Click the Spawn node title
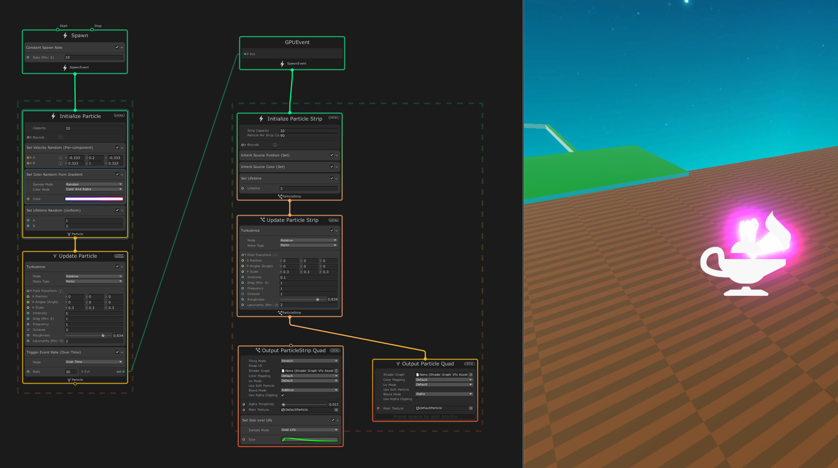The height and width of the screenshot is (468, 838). (79, 35)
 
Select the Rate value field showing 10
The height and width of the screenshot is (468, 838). (94, 57)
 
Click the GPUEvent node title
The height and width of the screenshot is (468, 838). (297, 42)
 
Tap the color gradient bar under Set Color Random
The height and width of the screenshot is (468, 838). (94, 199)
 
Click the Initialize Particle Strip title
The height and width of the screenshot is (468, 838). (294, 119)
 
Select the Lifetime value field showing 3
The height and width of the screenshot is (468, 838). (308, 188)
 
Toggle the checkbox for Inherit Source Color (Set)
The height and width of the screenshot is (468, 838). (332, 167)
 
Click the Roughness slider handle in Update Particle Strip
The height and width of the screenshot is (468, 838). (318, 300)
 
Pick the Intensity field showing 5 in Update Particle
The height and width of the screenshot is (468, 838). (94, 313)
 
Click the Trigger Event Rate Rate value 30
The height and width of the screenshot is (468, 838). (71, 372)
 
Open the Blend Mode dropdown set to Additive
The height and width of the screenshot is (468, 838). (309, 390)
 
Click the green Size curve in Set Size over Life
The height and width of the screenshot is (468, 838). (310, 440)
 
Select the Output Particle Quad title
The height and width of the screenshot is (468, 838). (428, 364)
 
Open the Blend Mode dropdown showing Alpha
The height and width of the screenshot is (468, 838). (444, 394)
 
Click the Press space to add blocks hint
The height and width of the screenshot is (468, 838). (425, 417)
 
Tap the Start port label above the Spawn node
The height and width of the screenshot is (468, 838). (63, 26)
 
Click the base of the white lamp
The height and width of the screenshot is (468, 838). (746, 293)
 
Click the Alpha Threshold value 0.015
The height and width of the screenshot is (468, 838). (333, 404)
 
